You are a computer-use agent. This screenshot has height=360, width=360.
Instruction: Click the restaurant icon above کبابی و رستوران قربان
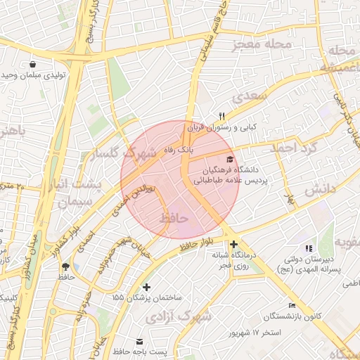point(221,116)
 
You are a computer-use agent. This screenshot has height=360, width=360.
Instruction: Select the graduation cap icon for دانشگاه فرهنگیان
point(231,159)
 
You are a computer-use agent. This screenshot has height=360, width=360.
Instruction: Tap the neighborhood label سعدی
point(253,96)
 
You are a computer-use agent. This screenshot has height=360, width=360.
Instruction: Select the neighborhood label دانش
point(318,188)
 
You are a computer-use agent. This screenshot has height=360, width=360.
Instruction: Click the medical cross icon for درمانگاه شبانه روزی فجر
point(233,244)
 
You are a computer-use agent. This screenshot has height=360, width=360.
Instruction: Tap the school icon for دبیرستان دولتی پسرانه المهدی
point(307,248)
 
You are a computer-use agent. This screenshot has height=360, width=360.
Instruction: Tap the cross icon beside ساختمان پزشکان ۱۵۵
point(146,286)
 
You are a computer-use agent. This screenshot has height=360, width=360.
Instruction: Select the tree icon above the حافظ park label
point(66,266)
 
